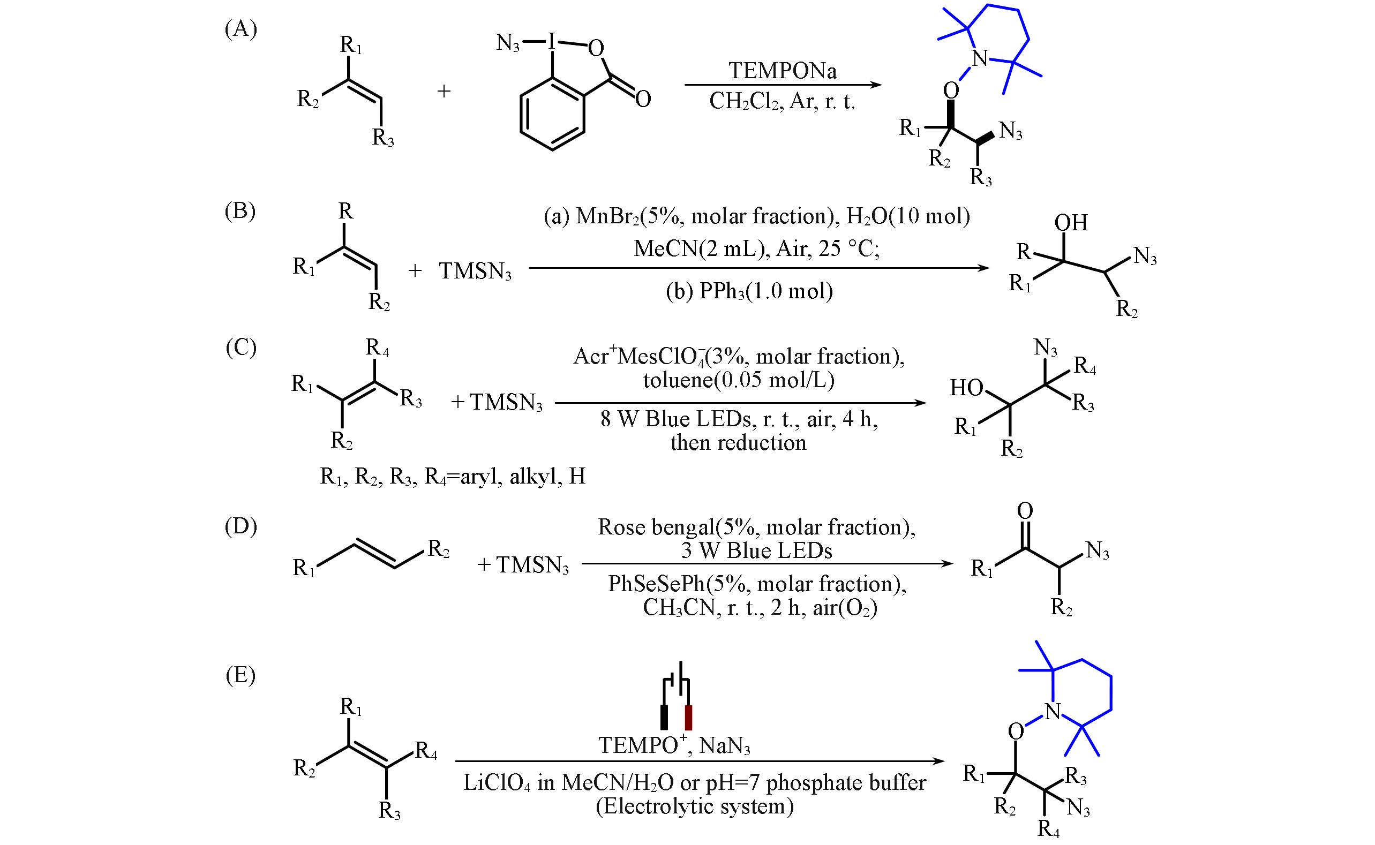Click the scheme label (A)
241,29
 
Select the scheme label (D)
241,527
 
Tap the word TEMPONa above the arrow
783,71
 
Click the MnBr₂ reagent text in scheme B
607,217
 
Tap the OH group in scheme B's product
1071,223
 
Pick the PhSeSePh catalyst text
657,584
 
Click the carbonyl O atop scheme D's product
1025,511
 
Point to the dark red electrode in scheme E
689,718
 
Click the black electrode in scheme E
665,718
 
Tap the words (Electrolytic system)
695,806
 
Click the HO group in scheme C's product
966,387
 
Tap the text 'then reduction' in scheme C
738,443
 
